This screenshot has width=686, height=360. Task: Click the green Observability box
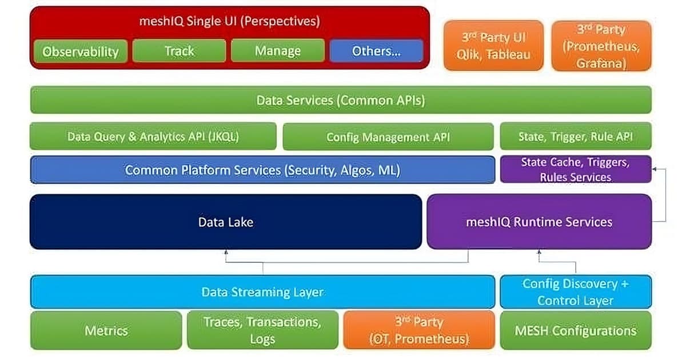click(80, 51)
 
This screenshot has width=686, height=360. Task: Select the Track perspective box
click(179, 51)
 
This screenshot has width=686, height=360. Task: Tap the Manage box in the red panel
click(278, 51)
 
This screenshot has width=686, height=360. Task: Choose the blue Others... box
click(376, 51)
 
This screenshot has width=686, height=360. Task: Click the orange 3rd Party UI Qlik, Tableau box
click(493, 46)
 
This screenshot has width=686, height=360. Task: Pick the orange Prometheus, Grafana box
click(601, 46)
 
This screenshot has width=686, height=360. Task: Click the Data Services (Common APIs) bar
click(340, 100)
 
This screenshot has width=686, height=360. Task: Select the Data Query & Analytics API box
click(153, 137)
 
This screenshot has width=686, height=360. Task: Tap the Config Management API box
click(388, 137)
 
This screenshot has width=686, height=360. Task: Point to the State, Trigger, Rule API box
click(576, 137)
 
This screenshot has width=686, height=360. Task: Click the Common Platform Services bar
click(262, 170)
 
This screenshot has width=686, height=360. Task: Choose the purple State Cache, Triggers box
click(576, 170)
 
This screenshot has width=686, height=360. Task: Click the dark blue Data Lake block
click(226, 222)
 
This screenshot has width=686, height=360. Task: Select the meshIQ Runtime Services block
click(539, 222)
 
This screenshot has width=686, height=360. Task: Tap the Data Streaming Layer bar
click(262, 292)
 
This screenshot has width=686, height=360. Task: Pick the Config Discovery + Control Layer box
click(576, 292)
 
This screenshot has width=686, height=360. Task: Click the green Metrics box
click(106, 330)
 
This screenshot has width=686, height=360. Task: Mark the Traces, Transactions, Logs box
click(262, 330)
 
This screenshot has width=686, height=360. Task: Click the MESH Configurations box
click(576, 330)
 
